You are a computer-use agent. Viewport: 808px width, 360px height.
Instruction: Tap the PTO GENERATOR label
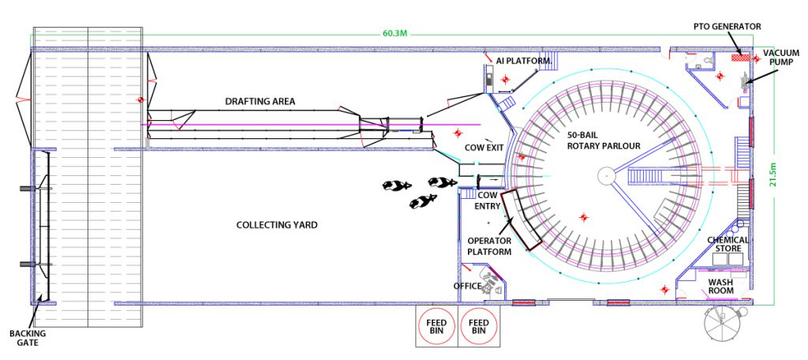(x=727, y=26)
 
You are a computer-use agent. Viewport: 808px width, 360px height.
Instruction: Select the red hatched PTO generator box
(x=740, y=57)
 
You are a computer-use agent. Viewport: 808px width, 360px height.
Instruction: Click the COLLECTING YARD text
(x=277, y=225)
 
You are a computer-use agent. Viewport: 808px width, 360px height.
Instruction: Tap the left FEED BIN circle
(x=436, y=327)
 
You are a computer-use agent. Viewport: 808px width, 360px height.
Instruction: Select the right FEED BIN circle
(x=478, y=327)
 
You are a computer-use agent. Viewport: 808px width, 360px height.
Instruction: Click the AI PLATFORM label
(x=522, y=60)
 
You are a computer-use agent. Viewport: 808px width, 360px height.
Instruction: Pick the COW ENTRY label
(x=488, y=201)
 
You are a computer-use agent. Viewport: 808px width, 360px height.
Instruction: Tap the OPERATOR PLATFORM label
(x=489, y=246)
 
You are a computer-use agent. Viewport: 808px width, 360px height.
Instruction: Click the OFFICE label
(x=467, y=286)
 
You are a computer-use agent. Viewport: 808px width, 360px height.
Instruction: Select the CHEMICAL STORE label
(x=728, y=244)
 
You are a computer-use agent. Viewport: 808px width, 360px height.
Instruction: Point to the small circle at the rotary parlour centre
(x=605, y=174)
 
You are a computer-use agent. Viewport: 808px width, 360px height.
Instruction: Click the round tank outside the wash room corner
(x=725, y=324)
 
